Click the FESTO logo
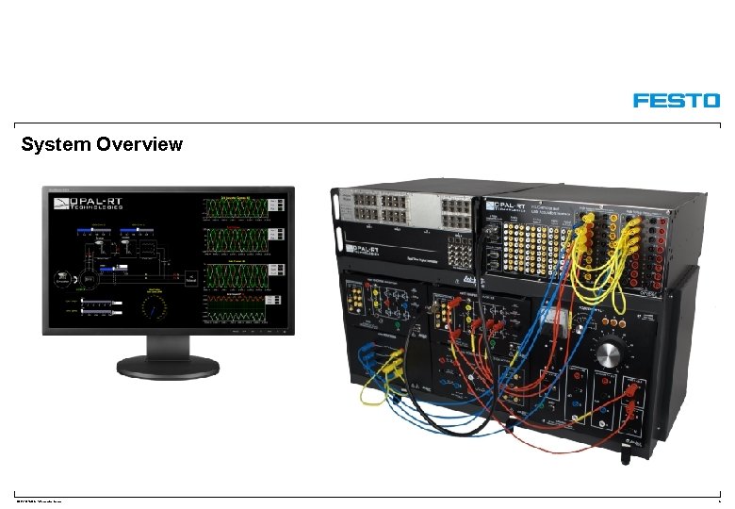click(676, 100)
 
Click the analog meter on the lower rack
click(555, 320)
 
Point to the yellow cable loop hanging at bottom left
click(371, 396)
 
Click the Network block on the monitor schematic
click(189, 279)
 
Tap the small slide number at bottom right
click(718, 500)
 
